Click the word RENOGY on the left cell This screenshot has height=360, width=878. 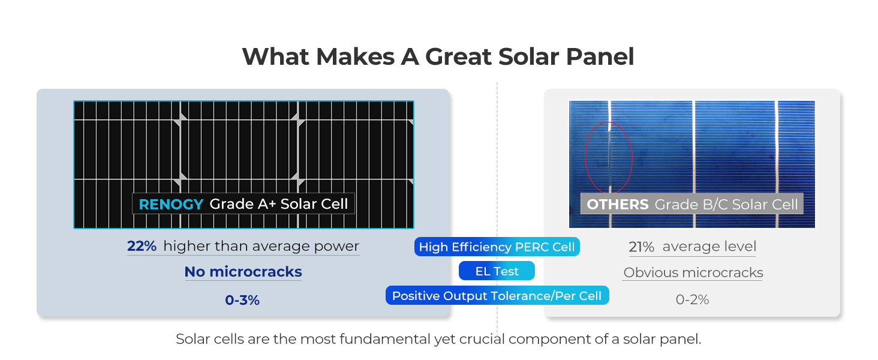(x=171, y=205)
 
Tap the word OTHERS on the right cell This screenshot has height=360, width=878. (x=617, y=205)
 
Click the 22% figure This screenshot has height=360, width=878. (x=142, y=246)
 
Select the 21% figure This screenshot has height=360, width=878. (x=641, y=247)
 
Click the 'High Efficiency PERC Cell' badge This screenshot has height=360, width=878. (x=497, y=247)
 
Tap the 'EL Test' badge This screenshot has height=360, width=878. (x=497, y=271)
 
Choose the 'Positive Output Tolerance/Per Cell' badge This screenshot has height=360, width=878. (x=497, y=295)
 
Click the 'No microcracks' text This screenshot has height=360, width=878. (x=243, y=271)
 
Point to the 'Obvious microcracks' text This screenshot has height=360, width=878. (x=693, y=272)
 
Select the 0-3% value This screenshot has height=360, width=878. (x=242, y=300)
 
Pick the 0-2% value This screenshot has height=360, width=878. (x=692, y=299)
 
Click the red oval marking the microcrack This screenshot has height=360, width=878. (x=585, y=157)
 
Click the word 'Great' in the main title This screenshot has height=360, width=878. (x=458, y=56)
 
